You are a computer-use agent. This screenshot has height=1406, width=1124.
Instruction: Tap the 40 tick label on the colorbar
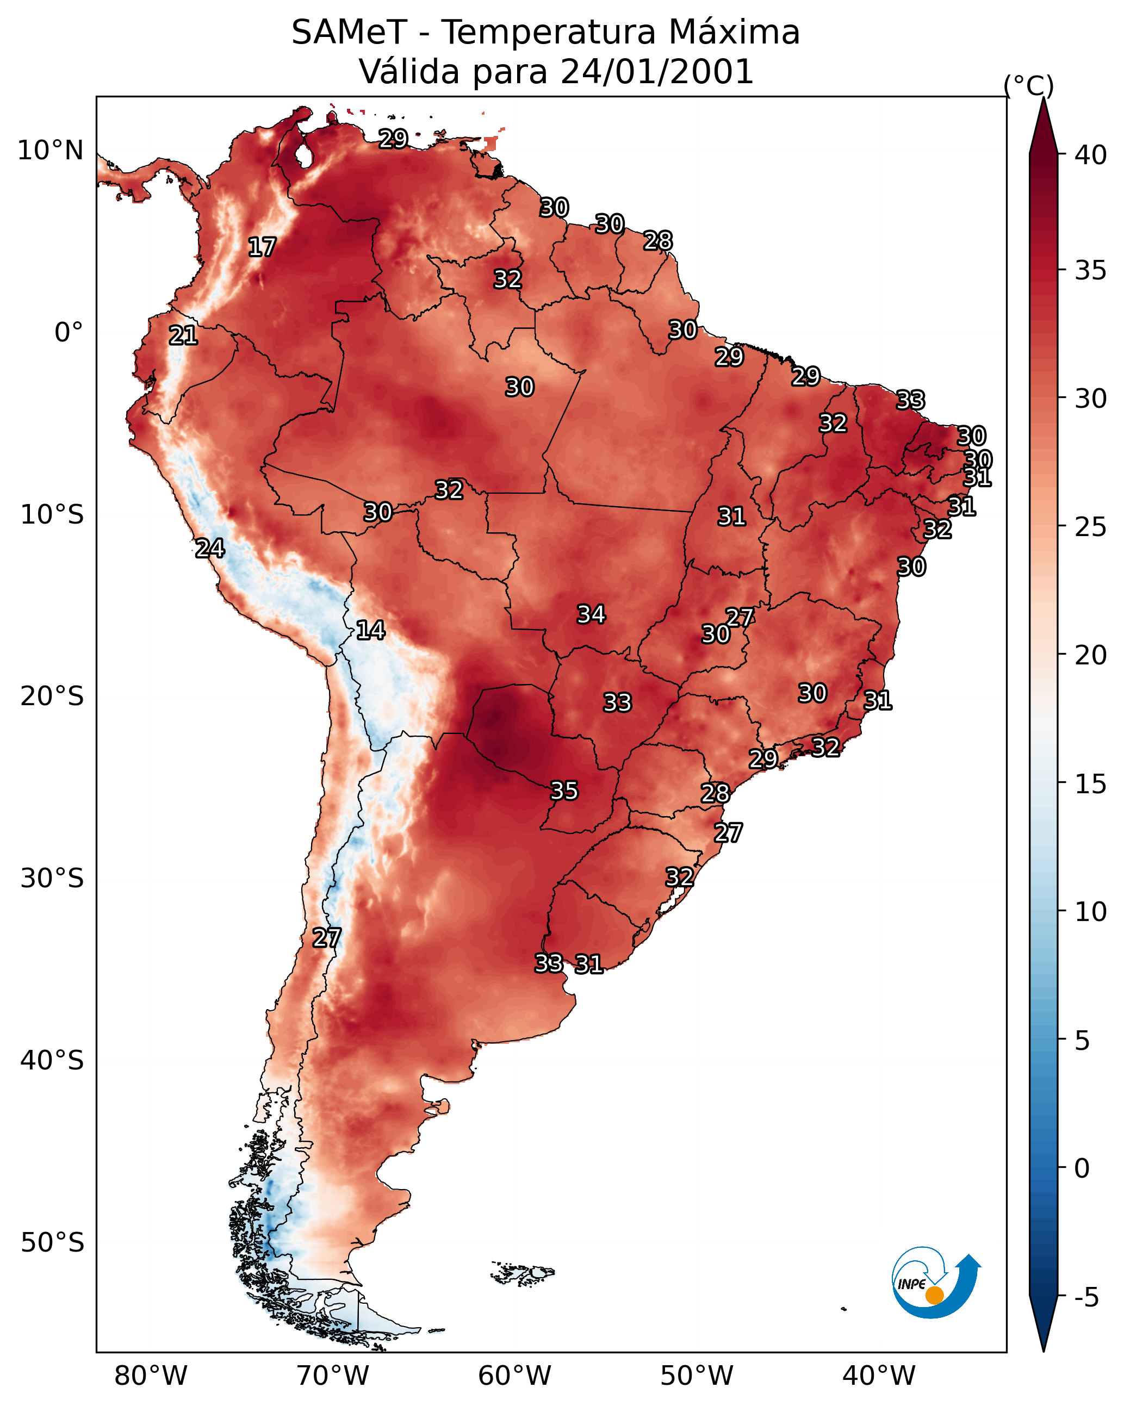tap(1091, 155)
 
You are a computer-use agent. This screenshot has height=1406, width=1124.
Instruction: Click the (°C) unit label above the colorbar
tap(1029, 85)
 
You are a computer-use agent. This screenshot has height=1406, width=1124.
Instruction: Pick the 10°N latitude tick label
tap(50, 151)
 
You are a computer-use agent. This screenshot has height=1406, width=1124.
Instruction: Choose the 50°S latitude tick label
tap(52, 1243)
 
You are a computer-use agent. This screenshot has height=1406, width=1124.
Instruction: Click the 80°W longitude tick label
tap(151, 1376)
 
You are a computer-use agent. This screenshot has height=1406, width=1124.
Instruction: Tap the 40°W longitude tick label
tap(879, 1376)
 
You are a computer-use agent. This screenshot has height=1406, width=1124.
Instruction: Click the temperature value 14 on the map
tap(370, 630)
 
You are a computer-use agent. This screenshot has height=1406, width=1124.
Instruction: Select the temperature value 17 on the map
tap(262, 247)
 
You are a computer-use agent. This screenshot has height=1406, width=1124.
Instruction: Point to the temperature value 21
tap(183, 336)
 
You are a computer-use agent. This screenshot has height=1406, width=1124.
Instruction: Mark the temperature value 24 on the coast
tap(210, 549)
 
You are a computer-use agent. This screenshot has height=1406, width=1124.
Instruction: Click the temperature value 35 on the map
tap(564, 791)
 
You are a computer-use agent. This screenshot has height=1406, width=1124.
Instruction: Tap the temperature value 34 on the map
tap(591, 614)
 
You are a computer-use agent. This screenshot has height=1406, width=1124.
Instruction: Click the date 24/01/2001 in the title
tap(657, 72)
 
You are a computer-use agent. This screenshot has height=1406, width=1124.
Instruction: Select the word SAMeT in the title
tap(349, 33)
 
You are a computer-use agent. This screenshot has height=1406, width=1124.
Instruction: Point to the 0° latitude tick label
tap(69, 333)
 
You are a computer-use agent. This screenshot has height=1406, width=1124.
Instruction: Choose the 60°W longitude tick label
tap(515, 1376)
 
